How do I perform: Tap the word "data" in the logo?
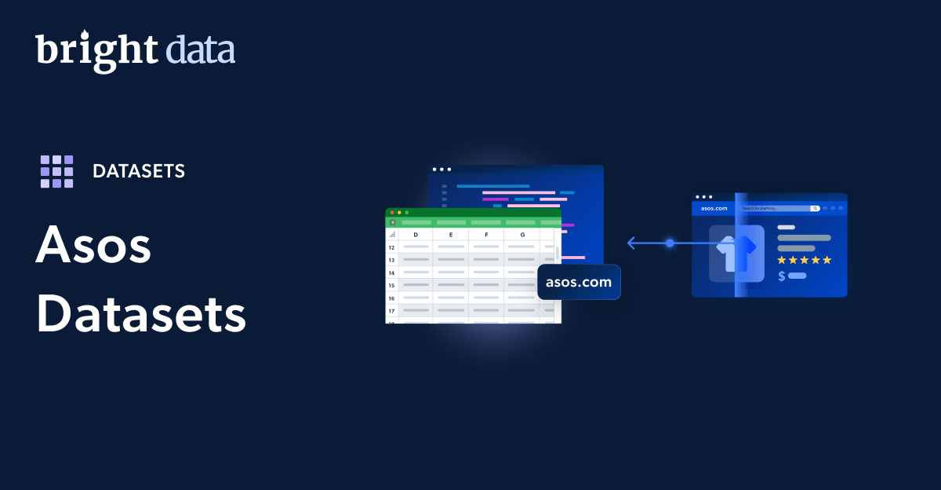200,50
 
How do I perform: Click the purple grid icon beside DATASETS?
56,171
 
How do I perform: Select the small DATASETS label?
139,171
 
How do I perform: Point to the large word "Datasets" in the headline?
141,316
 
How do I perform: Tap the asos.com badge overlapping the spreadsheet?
579,283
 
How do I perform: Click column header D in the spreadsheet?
416,235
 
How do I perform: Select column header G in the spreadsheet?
522,235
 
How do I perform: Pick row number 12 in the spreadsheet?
391,247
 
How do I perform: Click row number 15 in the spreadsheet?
391,285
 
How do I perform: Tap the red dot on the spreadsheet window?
392,212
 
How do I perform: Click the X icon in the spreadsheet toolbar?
393,222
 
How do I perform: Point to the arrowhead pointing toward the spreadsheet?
630,243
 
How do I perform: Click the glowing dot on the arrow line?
670,243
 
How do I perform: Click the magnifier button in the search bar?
816,208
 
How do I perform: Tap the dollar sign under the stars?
782,276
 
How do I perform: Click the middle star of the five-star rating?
804,260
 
